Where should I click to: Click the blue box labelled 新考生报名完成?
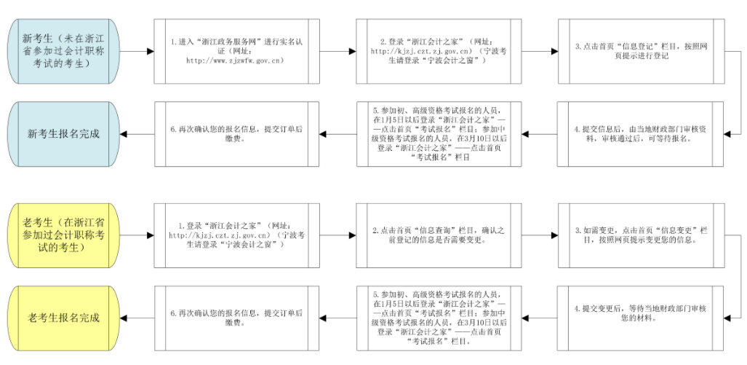63,134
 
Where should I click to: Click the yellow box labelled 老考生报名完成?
63,318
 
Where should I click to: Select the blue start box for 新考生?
63,51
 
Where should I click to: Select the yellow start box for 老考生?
63,234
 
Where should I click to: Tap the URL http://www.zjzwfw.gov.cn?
234,60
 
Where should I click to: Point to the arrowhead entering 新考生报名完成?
124,134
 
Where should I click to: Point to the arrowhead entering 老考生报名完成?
124,318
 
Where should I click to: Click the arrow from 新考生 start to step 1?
137,51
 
